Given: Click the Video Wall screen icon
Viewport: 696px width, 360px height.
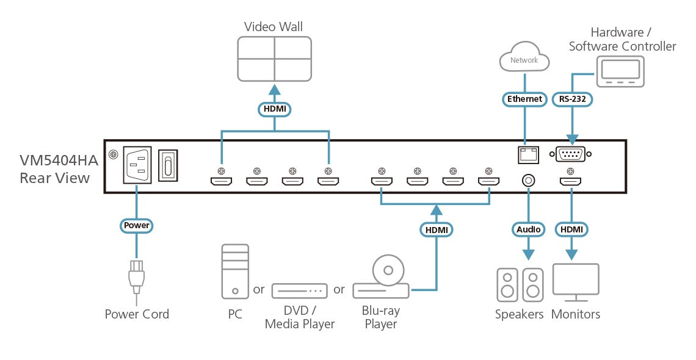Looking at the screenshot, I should pyautogui.click(x=274, y=59).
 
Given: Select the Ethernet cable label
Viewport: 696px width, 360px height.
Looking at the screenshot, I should pyautogui.click(x=524, y=98).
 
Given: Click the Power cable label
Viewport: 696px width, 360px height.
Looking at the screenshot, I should pyautogui.click(x=137, y=225).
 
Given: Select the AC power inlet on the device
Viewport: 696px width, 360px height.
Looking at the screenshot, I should pyautogui.click(x=138, y=165).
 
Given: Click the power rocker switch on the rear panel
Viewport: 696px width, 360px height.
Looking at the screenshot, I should pyautogui.click(x=169, y=165).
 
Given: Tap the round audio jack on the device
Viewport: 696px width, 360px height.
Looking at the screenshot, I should pyautogui.click(x=527, y=181).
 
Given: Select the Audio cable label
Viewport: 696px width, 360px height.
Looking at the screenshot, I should pyautogui.click(x=528, y=229).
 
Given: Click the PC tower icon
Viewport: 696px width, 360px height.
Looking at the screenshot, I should pyautogui.click(x=235, y=272).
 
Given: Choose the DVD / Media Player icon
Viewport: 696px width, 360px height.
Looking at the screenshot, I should pyautogui.click(x=299, y=290).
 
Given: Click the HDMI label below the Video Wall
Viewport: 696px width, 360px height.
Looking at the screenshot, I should pyautogui.click(x=274, y=109).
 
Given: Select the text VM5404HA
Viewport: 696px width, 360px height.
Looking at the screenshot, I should pyautogui.click(x=59, y=161).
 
